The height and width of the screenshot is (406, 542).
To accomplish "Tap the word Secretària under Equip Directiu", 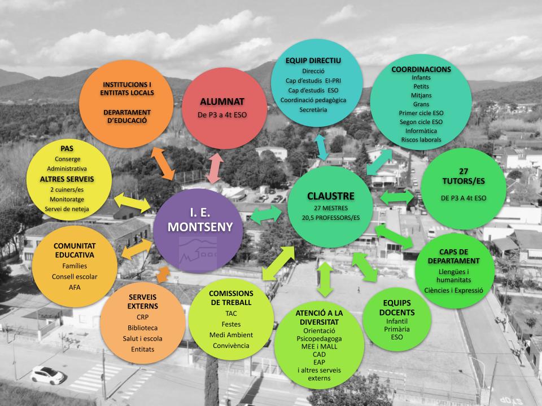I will [313, 109].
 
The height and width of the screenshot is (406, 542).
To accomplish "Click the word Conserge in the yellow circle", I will [67, 158].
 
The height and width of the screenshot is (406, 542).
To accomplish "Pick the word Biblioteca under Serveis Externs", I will [142, 327].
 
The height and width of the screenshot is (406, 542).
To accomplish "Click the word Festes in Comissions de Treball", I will [230, 325].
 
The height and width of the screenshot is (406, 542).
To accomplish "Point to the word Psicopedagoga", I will [319, 339].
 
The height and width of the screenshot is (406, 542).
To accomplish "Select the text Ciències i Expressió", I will [454, 290].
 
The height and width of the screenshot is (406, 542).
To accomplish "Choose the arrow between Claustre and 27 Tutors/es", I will [398, 197].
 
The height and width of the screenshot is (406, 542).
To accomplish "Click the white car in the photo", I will [47, 374].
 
